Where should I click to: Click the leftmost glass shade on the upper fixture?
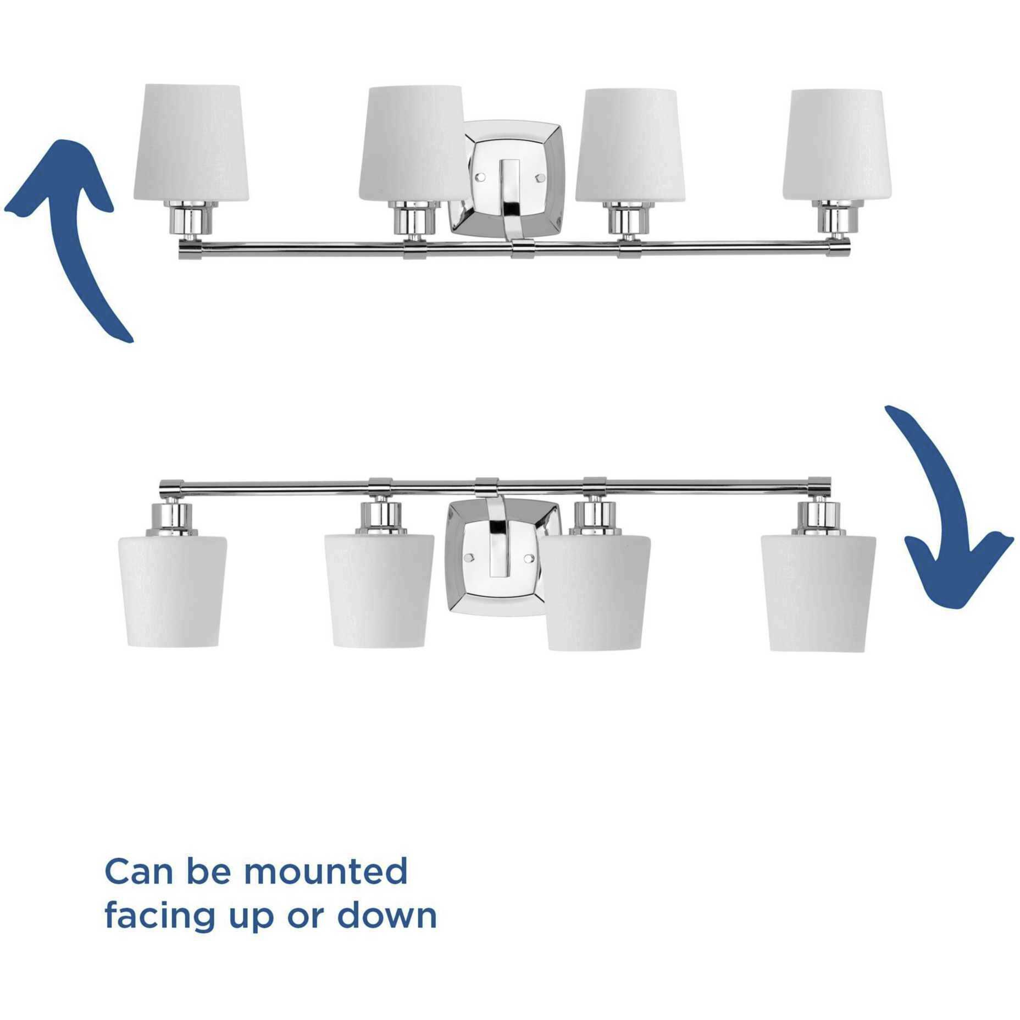point(191,143)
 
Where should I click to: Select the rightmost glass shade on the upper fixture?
point(836,145)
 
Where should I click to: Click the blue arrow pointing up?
point(71,231)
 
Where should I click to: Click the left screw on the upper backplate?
point(479,178)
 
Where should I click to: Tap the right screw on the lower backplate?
point(529,558)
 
